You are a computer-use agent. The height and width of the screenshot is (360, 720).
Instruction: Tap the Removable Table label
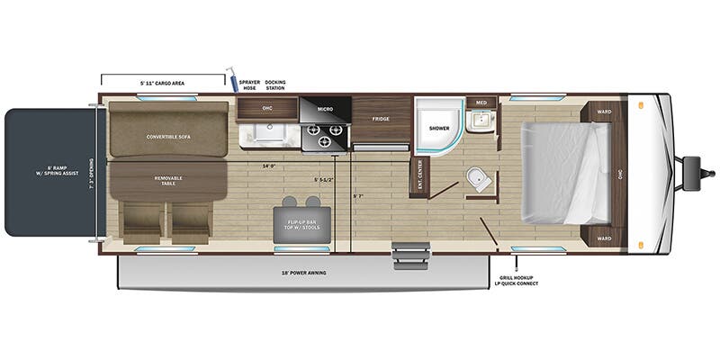[x=168, y=182]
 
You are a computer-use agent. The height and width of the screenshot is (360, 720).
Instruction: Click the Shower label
[x=438, y=129]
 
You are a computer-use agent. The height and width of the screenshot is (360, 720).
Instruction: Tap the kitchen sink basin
[x=268, y=135]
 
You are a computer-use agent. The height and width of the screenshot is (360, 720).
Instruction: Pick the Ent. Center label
[x=419, y=175]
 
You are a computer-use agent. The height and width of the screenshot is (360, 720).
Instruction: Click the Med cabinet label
[x=481, y=103]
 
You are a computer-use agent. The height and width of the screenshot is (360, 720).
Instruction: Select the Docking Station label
[x=275, y=85]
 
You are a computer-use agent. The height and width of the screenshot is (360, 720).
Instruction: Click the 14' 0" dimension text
[x=268, y=166]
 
